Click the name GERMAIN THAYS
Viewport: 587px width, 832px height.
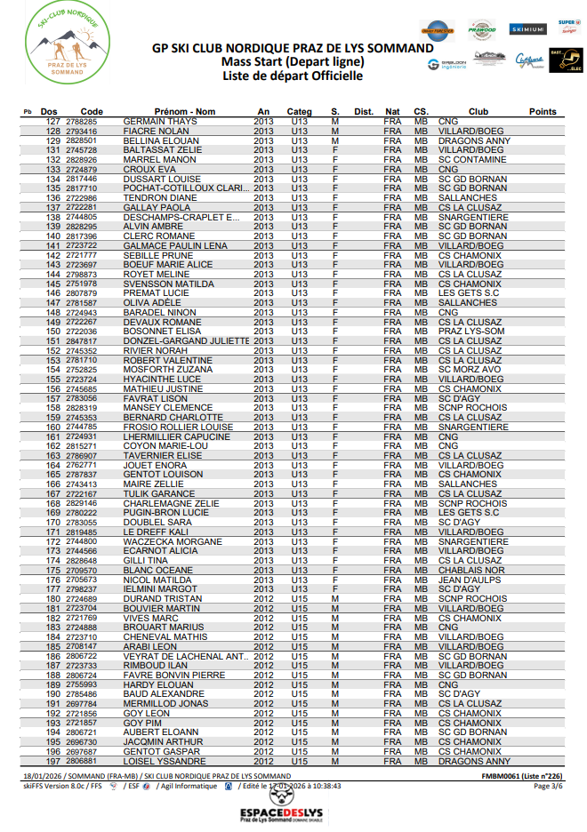click(x=160, y=122)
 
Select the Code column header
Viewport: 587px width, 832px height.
click(x=92, y=112)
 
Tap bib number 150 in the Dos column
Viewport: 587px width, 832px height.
click(x=52, y=332)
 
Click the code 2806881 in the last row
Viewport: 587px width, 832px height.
click(x=82, y=762)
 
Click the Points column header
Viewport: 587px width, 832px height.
click(x=543, y=112)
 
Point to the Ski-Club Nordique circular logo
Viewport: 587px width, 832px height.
click(x=63, y=44)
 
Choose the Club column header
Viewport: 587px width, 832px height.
click(x=478, y=112)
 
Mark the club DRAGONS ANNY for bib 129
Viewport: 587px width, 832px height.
click(x=474, y=140)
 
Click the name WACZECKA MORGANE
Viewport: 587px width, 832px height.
click(x=173, y=541)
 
